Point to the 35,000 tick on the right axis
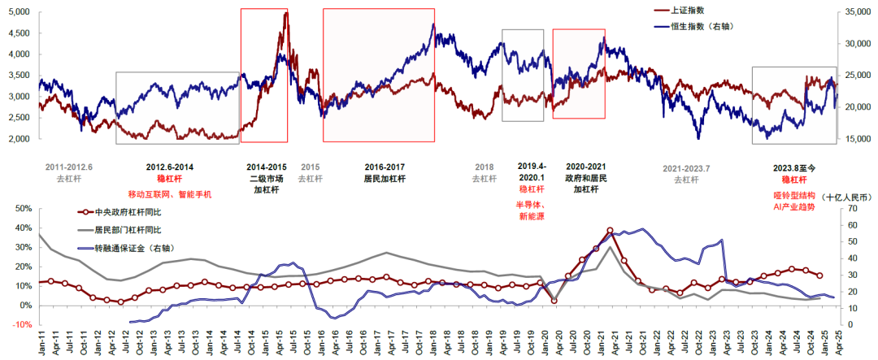[x=858, y=12]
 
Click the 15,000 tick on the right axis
[x=858, y=139]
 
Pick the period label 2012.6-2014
[x=169, y=167]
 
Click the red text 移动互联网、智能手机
[x=169, y=194]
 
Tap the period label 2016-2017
[x=385, y=167]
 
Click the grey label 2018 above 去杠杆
[x=485, y=167]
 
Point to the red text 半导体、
[x=530, y=205]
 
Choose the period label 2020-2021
[x=585, y=167]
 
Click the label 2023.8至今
[x=793, y=167]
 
